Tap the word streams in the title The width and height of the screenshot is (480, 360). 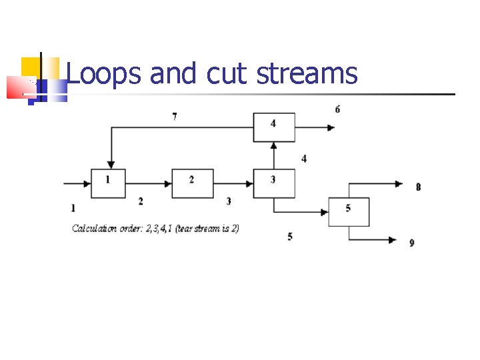[x=307, y=74]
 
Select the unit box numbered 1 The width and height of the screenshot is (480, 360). [x=108, y=183]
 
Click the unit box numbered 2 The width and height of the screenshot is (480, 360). [x=193, y=183]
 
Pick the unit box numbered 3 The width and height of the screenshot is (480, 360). [x=273, y=183]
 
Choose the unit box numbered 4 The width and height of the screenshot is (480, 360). [x=273, y=127]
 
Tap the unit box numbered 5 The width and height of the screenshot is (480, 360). [x=349, y=211]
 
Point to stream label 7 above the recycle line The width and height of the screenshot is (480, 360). [x=175, y=117]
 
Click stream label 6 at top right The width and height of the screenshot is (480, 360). [x=337, y=109]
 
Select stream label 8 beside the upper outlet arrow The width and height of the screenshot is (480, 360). [x=418, y=187]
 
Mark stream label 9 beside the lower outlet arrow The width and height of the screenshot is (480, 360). [x=412, y=243]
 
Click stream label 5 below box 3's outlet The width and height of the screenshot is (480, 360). [x=290, y=236]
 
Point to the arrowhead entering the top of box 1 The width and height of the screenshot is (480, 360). [x=111, y=164]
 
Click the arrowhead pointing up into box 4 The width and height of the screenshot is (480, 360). [x=273, y=146]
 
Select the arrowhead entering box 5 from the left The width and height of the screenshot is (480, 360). [x=325, y=212]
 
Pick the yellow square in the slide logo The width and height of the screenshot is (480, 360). [x=31, y=66]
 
